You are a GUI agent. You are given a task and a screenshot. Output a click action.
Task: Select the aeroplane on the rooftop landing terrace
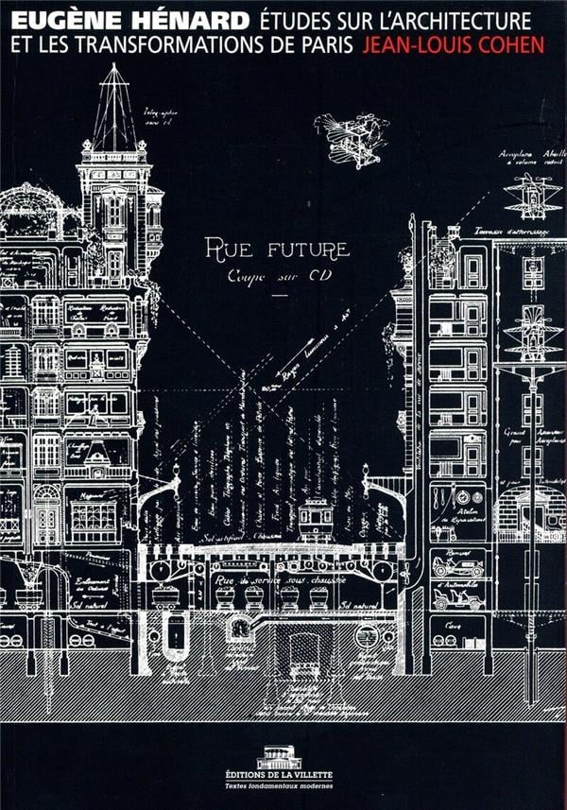531,199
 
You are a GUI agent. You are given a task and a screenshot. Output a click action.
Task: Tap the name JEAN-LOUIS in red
412,45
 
